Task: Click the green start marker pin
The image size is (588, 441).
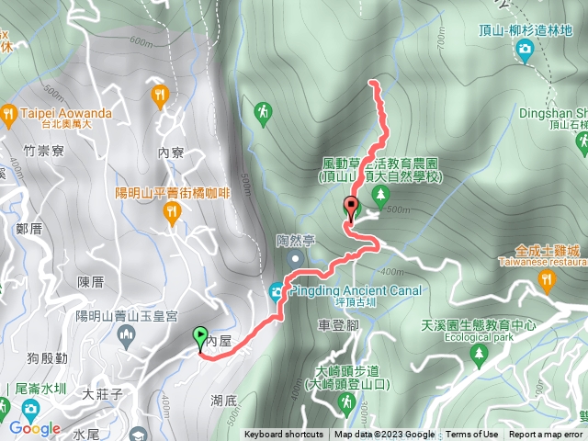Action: pos(200,338)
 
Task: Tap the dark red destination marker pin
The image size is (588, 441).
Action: pos(351,207)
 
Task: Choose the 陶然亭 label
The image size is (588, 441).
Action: pos(297,241)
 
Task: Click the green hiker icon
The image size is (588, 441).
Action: pos(265,112)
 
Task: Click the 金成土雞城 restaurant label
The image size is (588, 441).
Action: pos(548,250)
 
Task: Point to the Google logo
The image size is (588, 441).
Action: pos(35,428)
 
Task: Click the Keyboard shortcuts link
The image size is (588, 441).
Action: pos(284,435)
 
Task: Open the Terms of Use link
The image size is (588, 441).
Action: pos(471,435)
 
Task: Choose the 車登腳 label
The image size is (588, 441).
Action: pos(336,325)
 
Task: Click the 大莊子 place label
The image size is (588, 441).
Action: pos(102,395)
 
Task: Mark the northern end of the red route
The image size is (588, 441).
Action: pos(372,83)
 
